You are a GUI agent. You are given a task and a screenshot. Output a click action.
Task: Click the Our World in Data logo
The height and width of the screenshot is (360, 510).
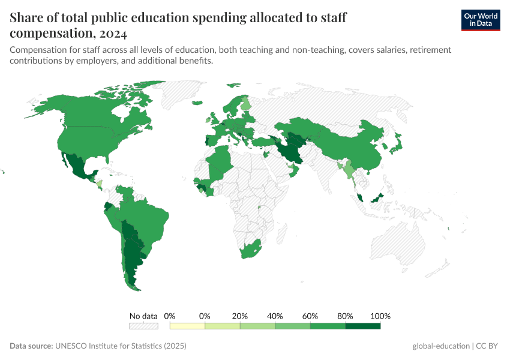point(480,20)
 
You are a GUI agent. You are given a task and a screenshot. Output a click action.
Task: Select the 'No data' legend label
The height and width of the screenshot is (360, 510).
point(143,316)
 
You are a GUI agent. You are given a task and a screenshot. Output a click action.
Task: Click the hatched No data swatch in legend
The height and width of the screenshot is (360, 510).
point(143,326)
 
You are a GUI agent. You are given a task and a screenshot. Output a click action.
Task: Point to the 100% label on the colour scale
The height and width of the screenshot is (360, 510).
point(380,316)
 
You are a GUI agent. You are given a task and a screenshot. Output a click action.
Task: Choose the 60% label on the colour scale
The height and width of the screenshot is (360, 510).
point(310,316)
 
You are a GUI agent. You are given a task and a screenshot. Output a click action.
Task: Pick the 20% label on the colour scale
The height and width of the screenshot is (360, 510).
point(240,316)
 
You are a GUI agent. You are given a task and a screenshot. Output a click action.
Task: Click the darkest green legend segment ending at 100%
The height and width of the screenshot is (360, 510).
point(363,326)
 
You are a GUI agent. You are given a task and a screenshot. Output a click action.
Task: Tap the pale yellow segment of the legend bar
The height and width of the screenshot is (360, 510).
point(187,326)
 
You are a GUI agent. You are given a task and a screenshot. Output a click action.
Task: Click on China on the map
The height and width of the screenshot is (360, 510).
point(354,150)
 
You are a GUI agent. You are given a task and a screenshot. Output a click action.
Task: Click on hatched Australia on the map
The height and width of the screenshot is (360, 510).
point(399,246)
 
